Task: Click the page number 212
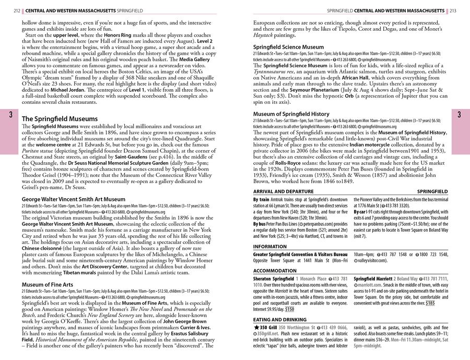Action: [16, 10]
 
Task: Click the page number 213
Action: [453, 10]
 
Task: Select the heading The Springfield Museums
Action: [60, 119]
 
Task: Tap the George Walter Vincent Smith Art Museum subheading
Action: [74, 199]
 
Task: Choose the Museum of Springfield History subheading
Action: [291, 114]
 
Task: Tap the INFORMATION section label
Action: [269, 247]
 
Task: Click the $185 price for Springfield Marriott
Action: [429, 302]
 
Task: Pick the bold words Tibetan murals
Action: [93, 273]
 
